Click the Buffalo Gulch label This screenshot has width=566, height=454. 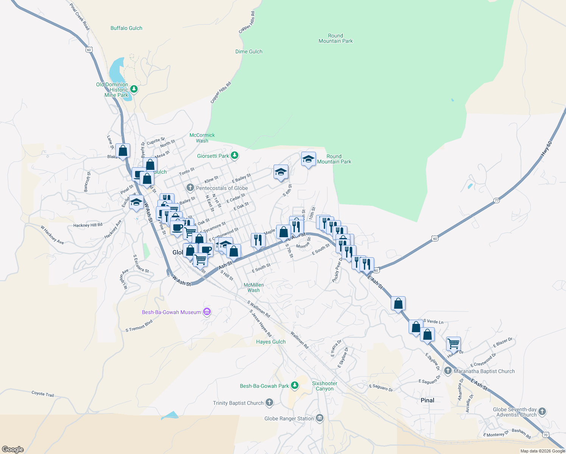point(126,28)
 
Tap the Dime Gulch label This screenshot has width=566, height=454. point(249,51)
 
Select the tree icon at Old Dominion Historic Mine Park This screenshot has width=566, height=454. point(134,89)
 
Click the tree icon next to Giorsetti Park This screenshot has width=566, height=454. point(235,155)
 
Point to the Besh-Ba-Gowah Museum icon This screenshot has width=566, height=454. point(207,312)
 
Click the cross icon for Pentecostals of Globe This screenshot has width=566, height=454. point(190,188)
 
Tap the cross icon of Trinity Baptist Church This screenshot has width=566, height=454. point(269,403)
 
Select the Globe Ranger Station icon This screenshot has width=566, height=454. point(320,418)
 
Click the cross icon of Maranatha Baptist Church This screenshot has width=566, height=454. point(448,371)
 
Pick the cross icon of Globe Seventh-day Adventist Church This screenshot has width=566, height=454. point(542,412)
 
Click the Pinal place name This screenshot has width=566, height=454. point(428,400)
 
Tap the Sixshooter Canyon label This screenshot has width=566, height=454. point(325,386)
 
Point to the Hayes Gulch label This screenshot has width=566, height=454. point(271,342)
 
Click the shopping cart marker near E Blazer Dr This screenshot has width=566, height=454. point(453,344)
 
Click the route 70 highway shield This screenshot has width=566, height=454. point(545,435)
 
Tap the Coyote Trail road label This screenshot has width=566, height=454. point(42,394)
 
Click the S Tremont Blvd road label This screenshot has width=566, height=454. point(139,326)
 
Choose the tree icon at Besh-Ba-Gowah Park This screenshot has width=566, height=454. point(295,386)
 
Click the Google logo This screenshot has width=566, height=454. point(13,449)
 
